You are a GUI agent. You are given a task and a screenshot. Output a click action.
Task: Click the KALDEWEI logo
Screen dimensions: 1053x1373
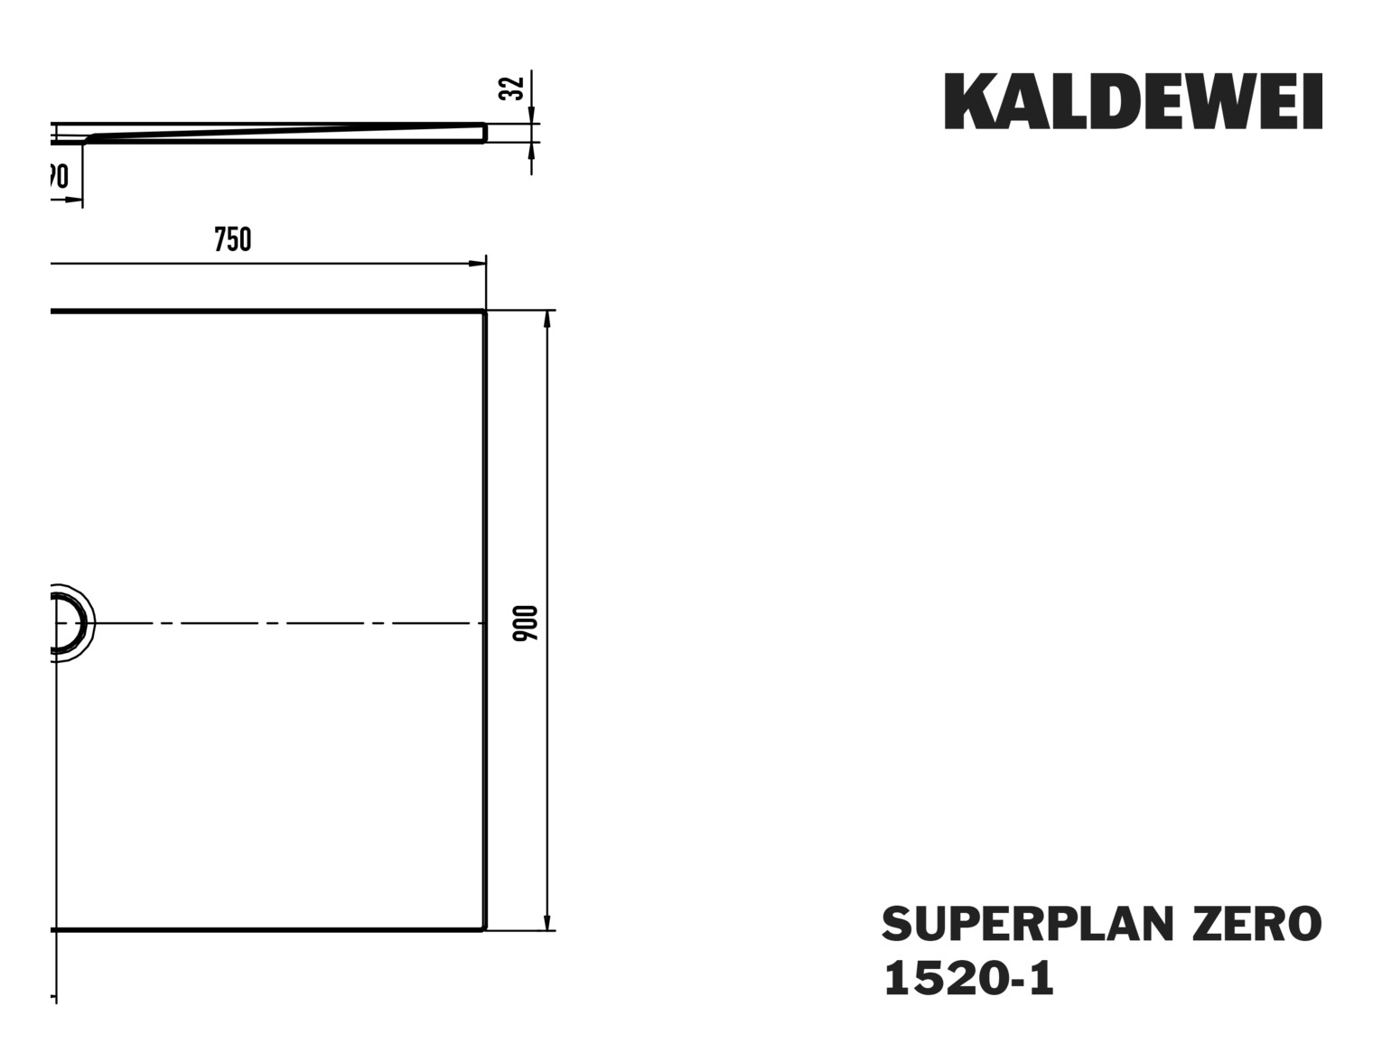click(1133, 101)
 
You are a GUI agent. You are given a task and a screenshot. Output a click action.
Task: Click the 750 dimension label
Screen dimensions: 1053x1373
click(232, 239)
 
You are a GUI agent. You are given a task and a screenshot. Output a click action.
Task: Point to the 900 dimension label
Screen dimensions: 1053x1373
click(526, 623)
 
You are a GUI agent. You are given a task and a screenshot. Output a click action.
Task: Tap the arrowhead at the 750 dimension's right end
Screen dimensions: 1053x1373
click(475, 264)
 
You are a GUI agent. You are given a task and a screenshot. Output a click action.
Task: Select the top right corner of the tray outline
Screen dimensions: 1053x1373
click(485, 312)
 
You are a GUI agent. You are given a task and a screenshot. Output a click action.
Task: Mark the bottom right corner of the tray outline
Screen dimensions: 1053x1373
click(485, 928)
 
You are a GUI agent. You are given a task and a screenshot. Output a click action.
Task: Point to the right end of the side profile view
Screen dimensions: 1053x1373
click(484, 133)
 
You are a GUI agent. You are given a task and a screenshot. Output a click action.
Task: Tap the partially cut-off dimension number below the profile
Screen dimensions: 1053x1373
click(59, 176)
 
